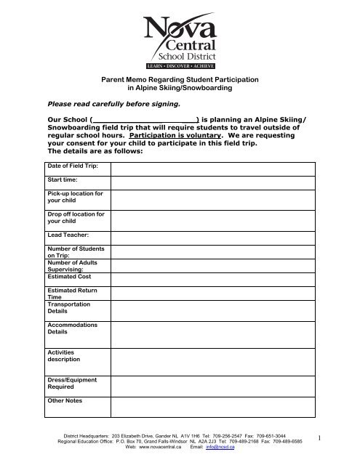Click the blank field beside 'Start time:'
(212, 181)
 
